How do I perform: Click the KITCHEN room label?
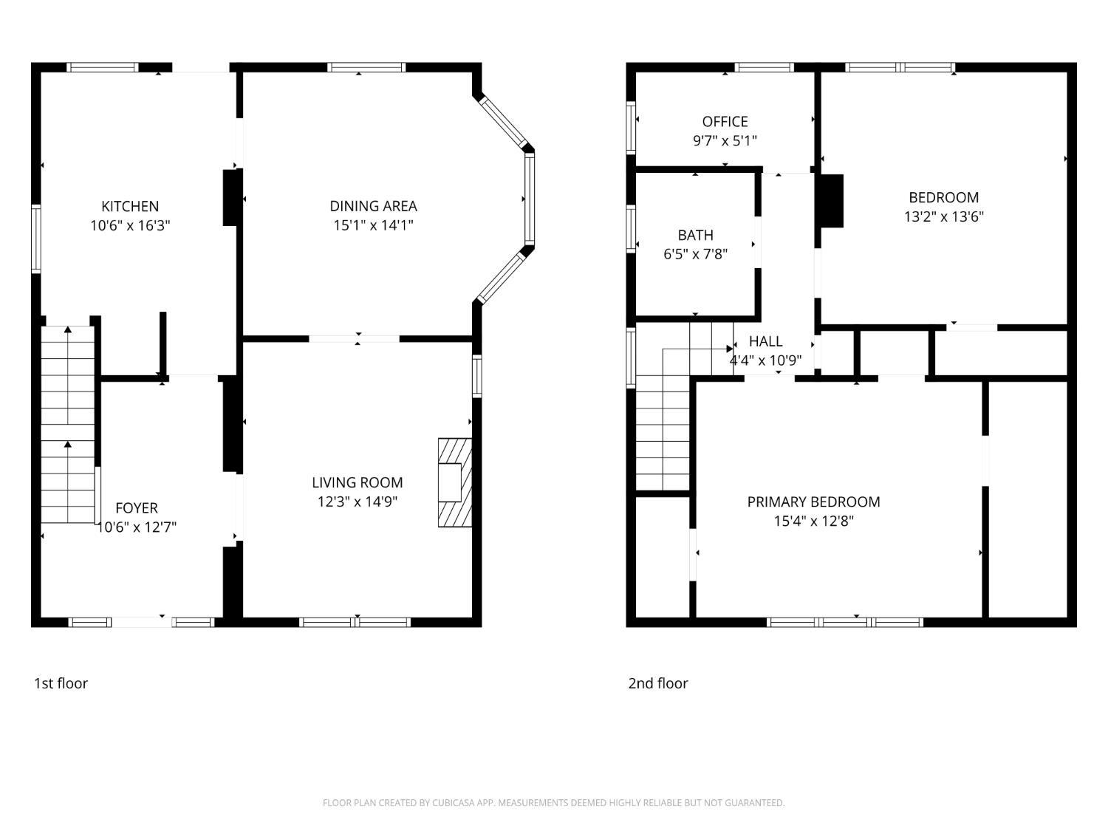(x=130, y=206)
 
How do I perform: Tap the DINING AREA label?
(x=374, y=206)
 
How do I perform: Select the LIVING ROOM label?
(x=358, y=483)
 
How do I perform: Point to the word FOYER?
(x=137, y=508)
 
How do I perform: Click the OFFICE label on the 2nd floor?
(x=725, y=122)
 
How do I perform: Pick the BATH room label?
(x=696, y=235)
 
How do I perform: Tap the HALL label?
(x=766, y=341)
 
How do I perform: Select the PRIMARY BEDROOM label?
(x=814, y=502)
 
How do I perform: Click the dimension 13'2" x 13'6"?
(x=944, y=217)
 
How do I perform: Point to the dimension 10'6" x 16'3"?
(x=130, y=225)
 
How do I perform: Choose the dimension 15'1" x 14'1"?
(x=374, y=225)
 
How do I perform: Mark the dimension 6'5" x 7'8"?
(x=696, y=254)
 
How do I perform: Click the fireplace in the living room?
(x=455, y=483)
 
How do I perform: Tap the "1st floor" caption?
(x=61, y=684)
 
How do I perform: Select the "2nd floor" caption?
(x=657, y=684)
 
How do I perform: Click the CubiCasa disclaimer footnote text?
(x=554, y=803)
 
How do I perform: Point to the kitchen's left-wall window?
(x=36, y=239)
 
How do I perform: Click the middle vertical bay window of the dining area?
(x=529, y=199)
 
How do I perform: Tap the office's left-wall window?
(x=631, y=128)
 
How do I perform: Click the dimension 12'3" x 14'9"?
(x=358, y=502)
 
